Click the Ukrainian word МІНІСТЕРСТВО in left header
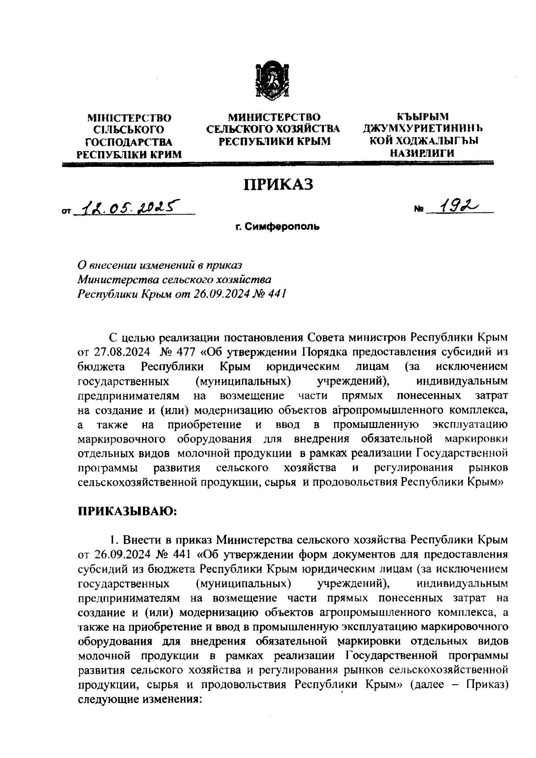130,119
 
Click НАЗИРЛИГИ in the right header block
422,153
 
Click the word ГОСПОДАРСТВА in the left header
129,142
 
